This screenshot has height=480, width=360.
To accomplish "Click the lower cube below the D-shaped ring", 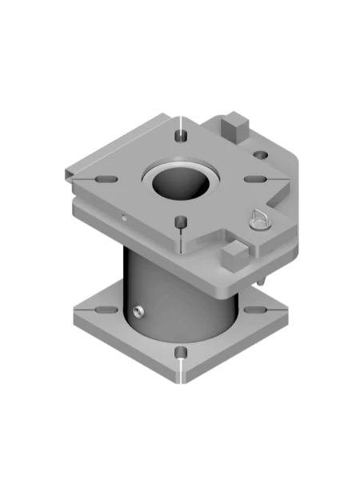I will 233,255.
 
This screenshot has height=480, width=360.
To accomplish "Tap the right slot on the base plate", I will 254,309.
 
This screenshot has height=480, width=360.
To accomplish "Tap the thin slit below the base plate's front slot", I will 182,374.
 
